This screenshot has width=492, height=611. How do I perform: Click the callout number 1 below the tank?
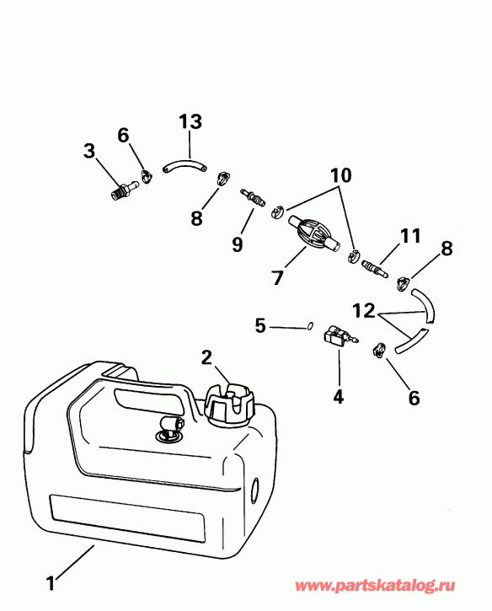51,581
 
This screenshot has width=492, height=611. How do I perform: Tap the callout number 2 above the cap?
207,356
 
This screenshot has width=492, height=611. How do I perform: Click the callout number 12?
364,311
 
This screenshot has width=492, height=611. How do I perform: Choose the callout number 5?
260,324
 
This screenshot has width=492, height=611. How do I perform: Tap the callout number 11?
409,238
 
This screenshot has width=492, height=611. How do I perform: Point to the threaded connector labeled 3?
123,190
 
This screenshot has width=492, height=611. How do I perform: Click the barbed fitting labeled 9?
254,200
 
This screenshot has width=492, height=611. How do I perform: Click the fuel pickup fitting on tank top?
167,428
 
